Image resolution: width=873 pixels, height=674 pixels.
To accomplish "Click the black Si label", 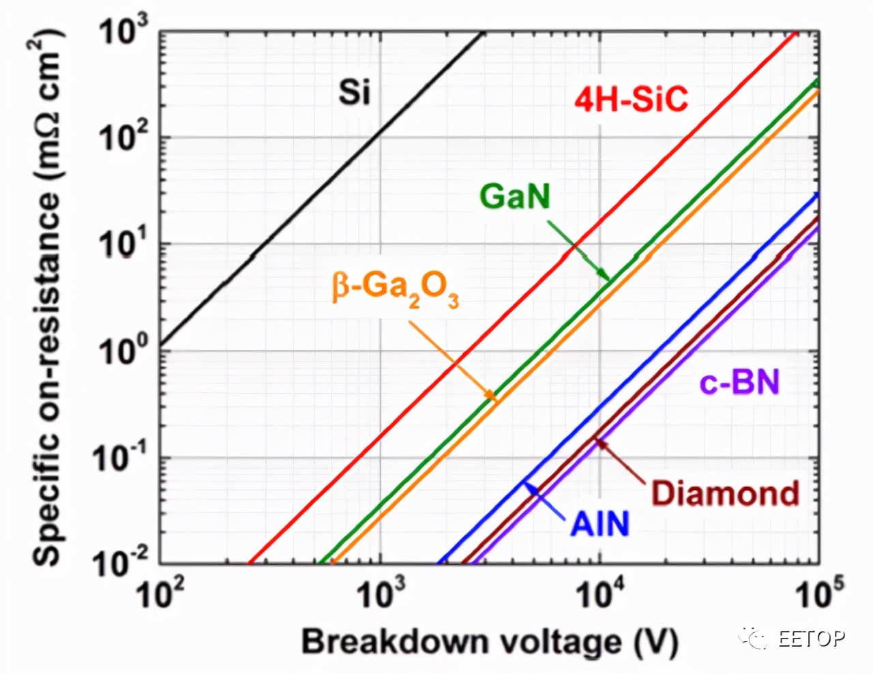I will [355, 91].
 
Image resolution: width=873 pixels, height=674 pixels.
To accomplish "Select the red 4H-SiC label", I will [631, 100].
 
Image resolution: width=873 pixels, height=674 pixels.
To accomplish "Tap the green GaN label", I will [515, 196].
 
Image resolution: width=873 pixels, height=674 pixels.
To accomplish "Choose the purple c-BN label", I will [739, 383].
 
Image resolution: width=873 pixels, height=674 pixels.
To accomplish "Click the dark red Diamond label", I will [725, 493].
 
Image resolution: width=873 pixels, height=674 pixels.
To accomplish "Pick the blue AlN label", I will [600, 524].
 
